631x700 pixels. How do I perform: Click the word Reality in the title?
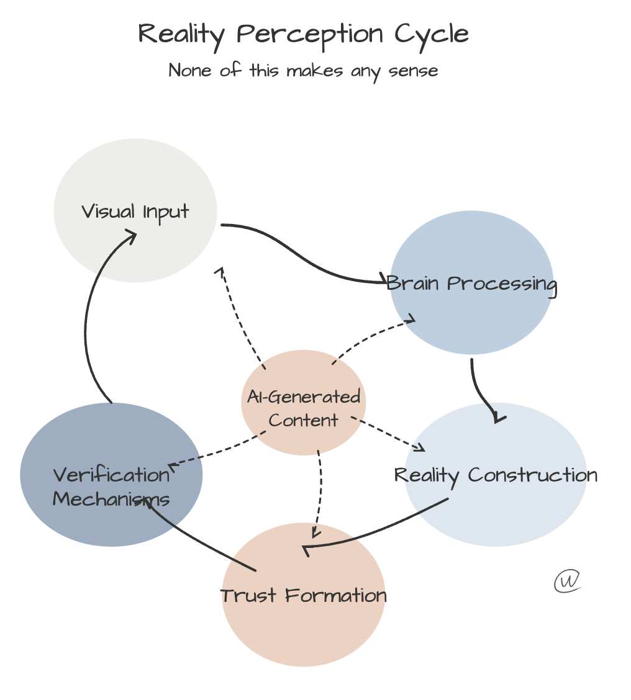tap(180, 34)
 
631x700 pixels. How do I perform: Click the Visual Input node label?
tap(135, 212)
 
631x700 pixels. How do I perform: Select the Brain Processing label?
tap(471, 284)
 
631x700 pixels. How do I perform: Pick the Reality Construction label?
tap(496, 475)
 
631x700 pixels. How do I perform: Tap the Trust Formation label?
tap(304, 596)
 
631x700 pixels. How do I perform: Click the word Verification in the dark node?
tap(111, 475)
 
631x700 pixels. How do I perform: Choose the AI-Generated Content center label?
tap(304, 408)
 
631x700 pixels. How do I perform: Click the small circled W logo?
tap(566, 581)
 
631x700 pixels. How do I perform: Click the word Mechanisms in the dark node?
tap(111, 499)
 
